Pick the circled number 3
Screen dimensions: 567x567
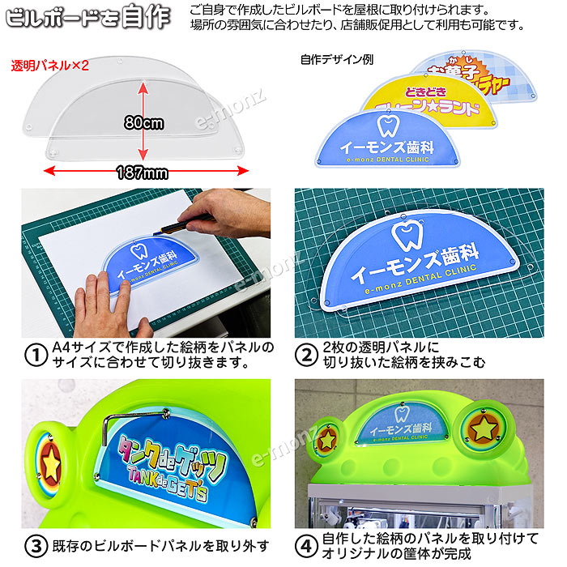pos(35,544)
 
